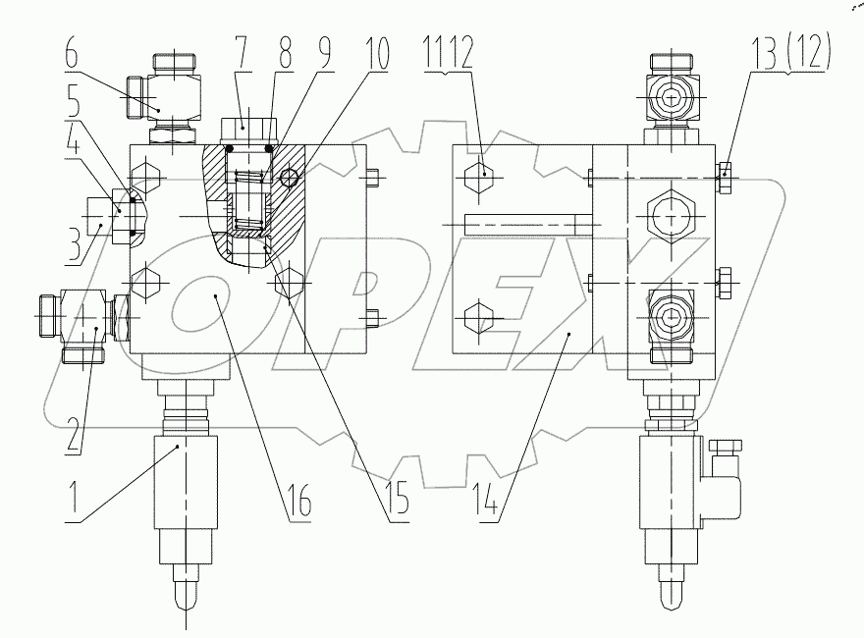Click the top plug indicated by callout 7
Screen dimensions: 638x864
[249, 128]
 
